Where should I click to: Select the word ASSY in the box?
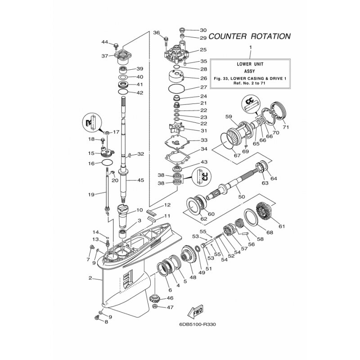click(x=250, y=71)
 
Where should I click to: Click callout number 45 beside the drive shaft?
click(x=140, y=180)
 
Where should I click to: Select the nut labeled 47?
click(x=155, y=307)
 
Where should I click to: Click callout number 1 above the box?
click(x=251, y=47)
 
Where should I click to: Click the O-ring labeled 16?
click(x=107, y=163)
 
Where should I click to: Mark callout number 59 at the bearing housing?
click(x=228, y=117)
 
